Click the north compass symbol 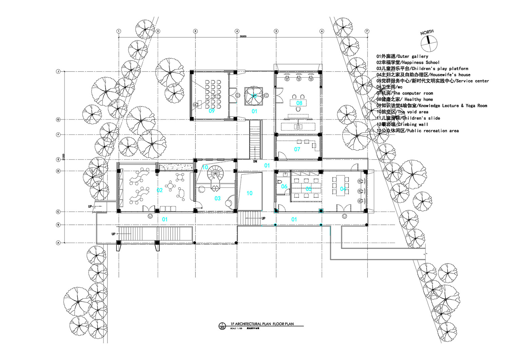pos(429,44)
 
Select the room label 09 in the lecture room pos(212,111)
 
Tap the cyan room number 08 pos(299,103)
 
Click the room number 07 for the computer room pos(297,149)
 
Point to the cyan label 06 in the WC pos(284,186)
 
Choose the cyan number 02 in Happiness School pos(159,190)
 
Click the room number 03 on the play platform pos(218,198)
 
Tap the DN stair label pos(255,162)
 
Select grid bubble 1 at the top pos(119,31)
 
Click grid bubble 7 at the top pos(367,31)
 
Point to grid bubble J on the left pos(58,72)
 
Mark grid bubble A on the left pos(58,243)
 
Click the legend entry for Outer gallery pos(402,56)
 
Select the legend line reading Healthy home pos(404,99)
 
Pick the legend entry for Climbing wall pos(402,124)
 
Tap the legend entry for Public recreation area pos(417,131)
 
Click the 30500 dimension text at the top pos(243,36)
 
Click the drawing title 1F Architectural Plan pos(262,324)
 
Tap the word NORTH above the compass pos(427,33)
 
